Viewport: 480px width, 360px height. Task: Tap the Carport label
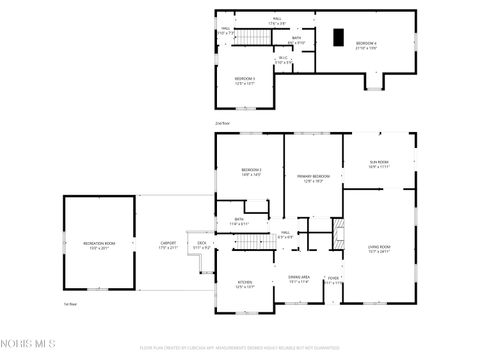click(x=168, y=245)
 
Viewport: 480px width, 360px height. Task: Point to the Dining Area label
click(x=299, y=280)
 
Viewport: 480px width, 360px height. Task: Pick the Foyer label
click(x=333, y=281)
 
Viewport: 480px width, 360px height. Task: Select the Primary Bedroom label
click(x=313, y=179)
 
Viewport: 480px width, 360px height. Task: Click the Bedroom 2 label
click(x=251, y=173)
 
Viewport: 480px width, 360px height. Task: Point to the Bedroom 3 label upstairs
click(x=246, y=80)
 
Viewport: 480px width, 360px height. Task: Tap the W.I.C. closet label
click(x=283, y=60)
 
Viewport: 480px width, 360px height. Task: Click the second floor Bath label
click(x=297, y=41)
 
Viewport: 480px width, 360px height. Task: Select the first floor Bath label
click(x=239, y=222)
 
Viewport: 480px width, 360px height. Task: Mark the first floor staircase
click(x=260, y=241)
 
